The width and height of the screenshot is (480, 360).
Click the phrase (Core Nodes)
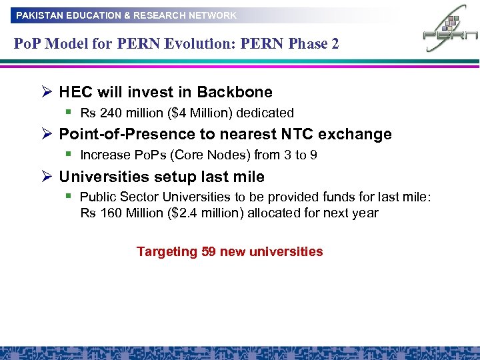tap(201, 155)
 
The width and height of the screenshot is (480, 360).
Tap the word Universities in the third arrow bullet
tap(101, 177)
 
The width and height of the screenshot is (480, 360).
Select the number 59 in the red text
tap(209, 252)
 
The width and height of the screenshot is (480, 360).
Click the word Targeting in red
tap(167, 252)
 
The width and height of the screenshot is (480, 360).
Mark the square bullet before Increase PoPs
tap(69, 154)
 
